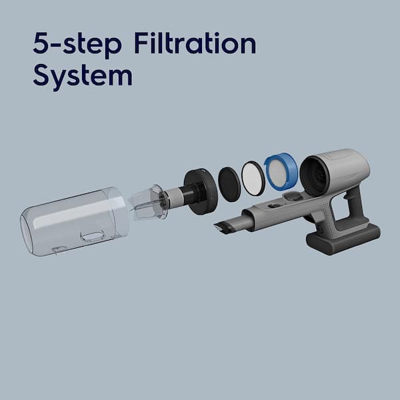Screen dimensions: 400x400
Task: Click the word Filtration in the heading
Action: [x=195, y=43]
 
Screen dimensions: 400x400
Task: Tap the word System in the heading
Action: [x=83, y=75]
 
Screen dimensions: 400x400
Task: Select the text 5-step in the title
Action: [x=77, y=45]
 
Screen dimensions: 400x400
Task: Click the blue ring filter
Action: [x=281, y=171]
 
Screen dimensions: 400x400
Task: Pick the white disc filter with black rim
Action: [x=253, y=178]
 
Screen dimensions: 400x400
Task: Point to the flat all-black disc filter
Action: [x=229, y=185]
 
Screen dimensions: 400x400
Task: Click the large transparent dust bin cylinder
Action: [x=74, y=221]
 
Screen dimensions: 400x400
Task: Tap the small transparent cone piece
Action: [x=148, y=203]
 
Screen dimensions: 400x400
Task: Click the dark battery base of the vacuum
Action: [x=343, y=240]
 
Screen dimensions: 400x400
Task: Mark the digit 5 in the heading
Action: [x=40, y=43]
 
